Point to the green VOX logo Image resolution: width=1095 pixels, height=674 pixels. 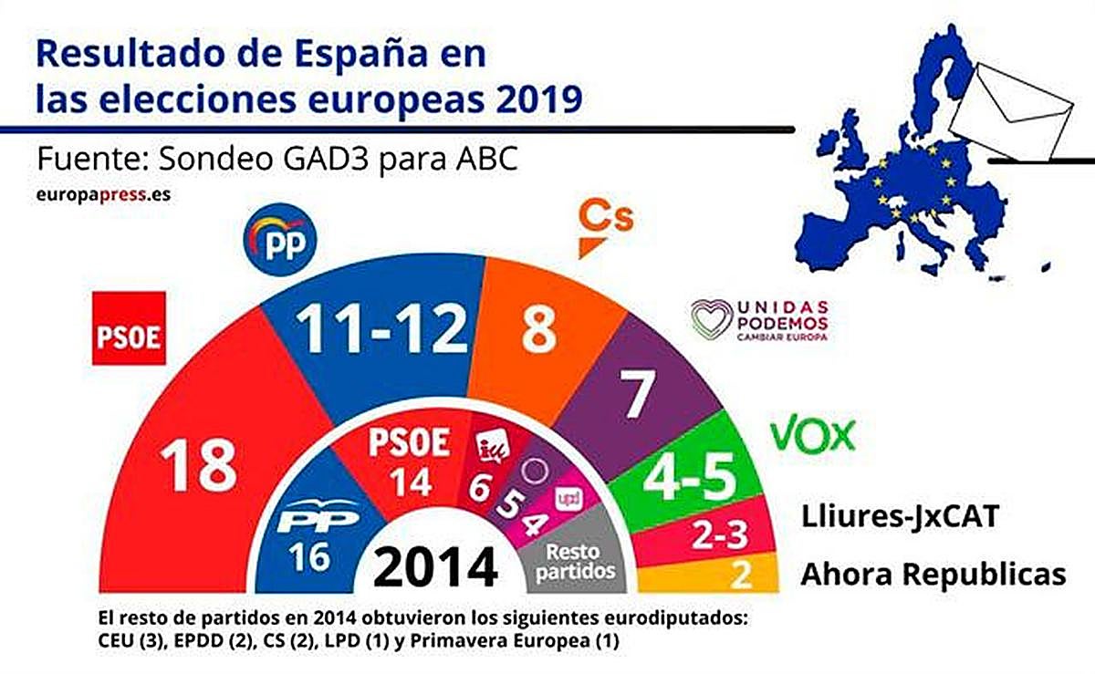pyautogui.click(x=813, y=435)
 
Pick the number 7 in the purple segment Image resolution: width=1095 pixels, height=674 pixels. pyautogui.click(x=637, y=394)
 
